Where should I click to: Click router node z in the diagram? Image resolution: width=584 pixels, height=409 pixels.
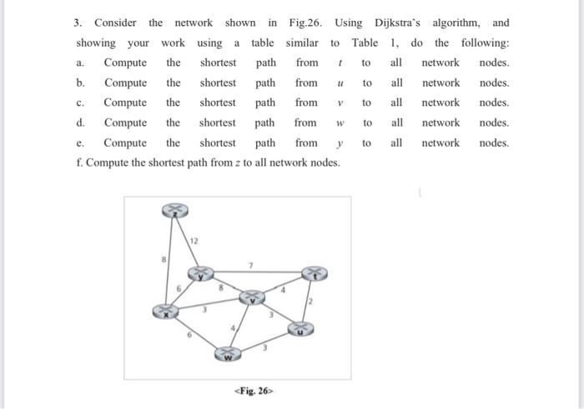[174, 212]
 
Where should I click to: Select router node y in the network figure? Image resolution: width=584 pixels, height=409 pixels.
[200, 273]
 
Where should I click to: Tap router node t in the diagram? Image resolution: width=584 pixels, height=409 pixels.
[314, 273]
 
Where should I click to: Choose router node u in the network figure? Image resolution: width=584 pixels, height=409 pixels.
[301, 330]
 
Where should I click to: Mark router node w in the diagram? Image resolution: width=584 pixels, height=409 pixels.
[227, 356]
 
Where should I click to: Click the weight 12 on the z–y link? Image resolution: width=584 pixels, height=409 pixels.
[194, 242]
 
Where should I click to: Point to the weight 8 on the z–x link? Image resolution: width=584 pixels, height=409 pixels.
[164, 260]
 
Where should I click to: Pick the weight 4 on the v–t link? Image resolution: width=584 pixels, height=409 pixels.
[283, 289]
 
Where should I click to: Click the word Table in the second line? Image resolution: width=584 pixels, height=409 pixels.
[365, 42]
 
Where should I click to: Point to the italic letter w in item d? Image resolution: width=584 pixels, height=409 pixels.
[340, 123]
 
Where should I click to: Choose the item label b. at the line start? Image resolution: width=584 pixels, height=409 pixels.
[80, 83]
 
